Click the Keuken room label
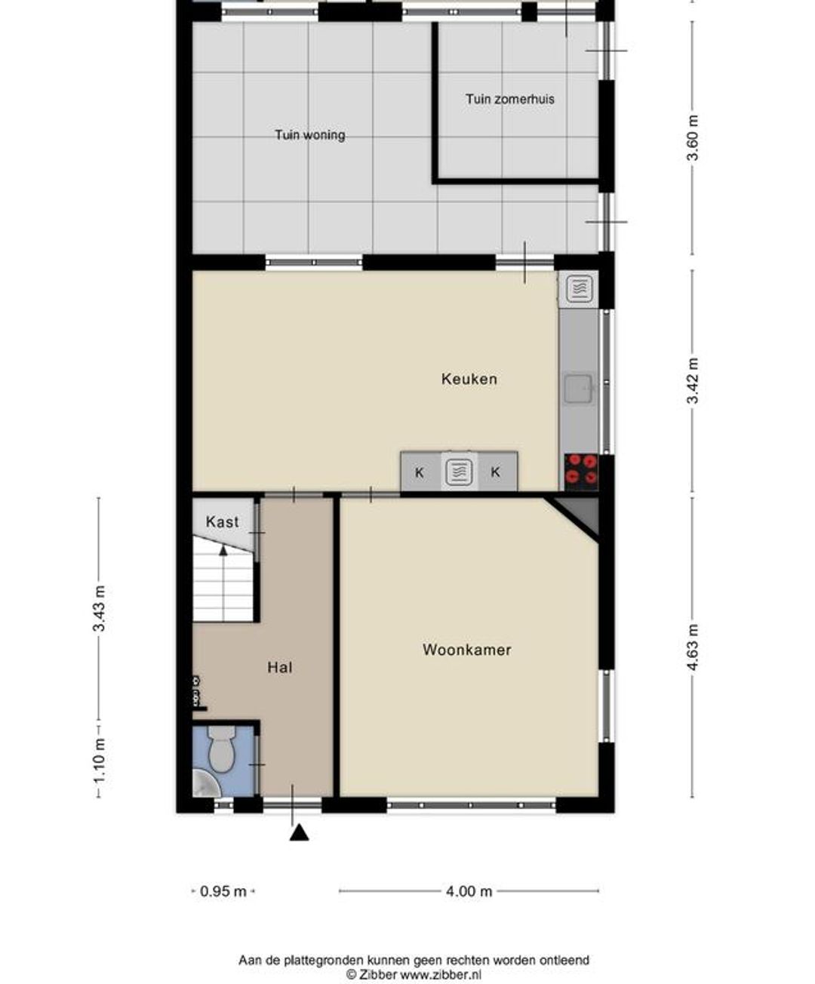point(469,379)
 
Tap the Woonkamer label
point(466,650)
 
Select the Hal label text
point(279,667)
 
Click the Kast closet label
point(222,521)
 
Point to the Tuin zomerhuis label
point(509,100)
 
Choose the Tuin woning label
point(309,135)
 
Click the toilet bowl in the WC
point(221,749)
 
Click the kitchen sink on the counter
point(579,389)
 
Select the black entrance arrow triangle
point(299,832)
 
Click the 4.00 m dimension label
point(469,891)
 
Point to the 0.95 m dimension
point(223,891)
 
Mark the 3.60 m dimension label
point(693,138)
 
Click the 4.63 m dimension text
point(693,647)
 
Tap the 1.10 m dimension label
point(99,759)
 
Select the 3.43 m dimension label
point(99,608)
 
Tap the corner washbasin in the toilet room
point(204,783)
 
